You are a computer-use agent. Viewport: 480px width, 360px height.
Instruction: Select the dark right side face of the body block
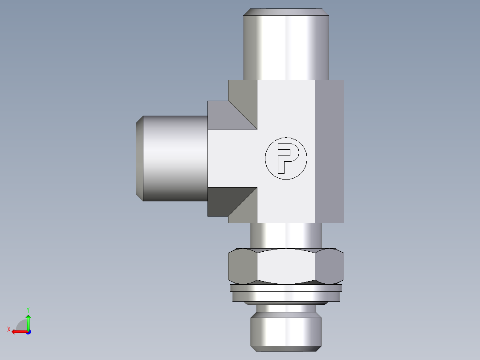pos(329,151)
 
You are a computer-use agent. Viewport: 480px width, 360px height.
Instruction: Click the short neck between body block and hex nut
pos(285,235)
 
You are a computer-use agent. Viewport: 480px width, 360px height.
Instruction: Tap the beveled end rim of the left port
pos(139,158)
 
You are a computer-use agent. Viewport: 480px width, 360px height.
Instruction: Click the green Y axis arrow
pos(28,320)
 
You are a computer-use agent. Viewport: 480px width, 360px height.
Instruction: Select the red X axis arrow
pos(18,331)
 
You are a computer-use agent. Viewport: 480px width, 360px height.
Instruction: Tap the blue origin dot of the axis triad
pos(28,331)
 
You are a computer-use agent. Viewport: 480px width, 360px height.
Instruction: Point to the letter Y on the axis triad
pos(28,309)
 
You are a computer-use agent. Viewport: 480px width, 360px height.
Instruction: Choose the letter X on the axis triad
pos(9,329)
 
